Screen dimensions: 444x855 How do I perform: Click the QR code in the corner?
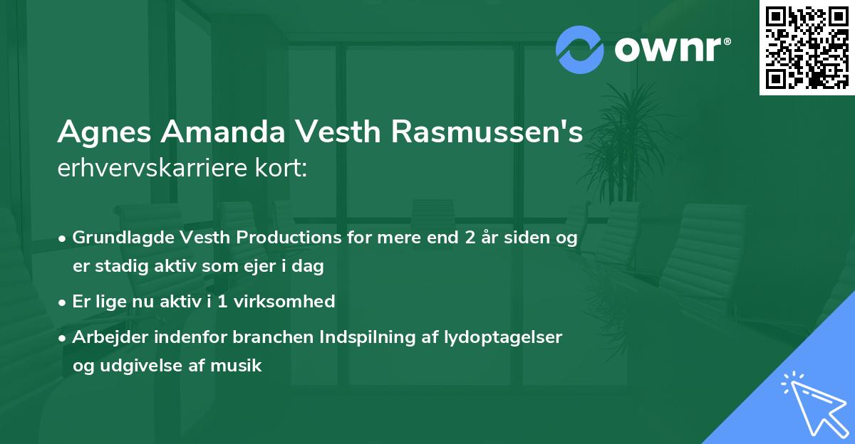click(x=807, y=48)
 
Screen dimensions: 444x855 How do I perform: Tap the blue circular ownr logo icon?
click(x=580, y=50)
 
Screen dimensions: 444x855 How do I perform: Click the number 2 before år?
click(x=469, y=238)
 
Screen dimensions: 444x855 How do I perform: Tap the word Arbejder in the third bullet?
click(x=104, y=337)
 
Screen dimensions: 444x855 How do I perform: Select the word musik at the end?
click(x=242, y=366)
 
